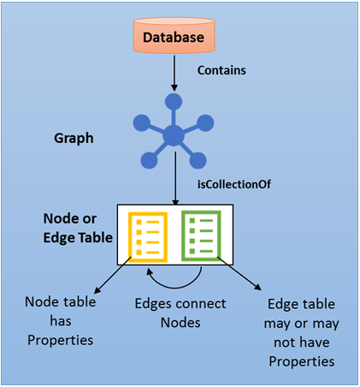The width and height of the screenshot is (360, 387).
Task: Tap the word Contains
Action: click(x=221, y=70)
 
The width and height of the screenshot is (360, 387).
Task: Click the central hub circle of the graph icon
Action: click(x=174, y=134)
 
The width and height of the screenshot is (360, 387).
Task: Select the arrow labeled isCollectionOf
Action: click(x=174, y=184)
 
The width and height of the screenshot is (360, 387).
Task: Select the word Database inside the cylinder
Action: click(x=174, y=38)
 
